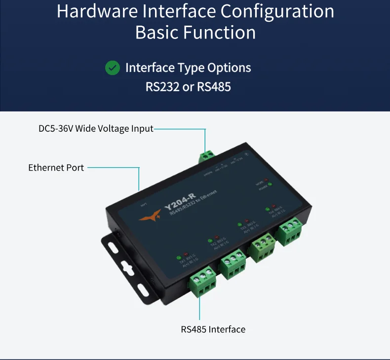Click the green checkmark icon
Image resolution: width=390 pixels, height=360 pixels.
pyautogui.click(x=113, y=68)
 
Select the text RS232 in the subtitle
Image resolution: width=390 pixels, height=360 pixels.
pyautogui.click(x=163, y=87)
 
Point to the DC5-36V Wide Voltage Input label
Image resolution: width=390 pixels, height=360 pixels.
pyautogui.click(x=96, y=129)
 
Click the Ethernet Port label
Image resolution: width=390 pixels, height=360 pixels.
pyautogui.click(x=56, y=168)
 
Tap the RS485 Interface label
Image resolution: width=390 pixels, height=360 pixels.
pyautogui.click(x=213, y=329)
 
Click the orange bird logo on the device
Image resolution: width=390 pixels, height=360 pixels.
pyautogui.click(x=150, y=213)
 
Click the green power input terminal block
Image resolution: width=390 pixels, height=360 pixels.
pyautogui.click(x=208, y=157)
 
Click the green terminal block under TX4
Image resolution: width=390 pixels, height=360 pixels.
pyautogui.click(x=290, y=230)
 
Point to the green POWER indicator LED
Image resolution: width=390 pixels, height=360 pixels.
pyautogui.click(x=270, y=185)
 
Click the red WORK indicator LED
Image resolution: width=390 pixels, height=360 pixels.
pyautogui.click(x=266, y=180)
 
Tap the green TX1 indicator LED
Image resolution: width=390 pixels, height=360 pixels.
pyautogui.click(x=179, y=257)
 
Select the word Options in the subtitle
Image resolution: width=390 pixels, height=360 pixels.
pyautogui.click(x=229, y=68)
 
